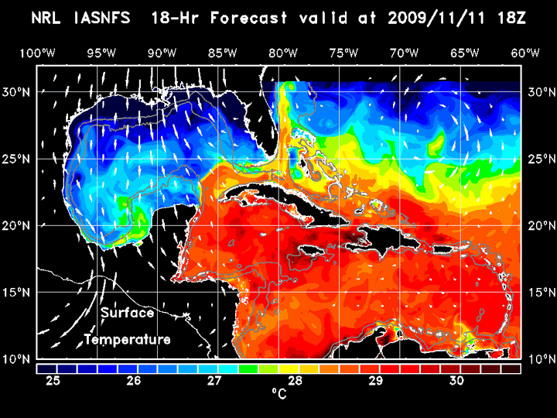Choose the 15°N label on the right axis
point(539,293)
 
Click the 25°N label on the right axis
point(539,159)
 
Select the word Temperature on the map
point(127,340)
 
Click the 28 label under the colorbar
point(295,381)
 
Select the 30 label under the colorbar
point(456,381)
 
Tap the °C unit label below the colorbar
point(278,394)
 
